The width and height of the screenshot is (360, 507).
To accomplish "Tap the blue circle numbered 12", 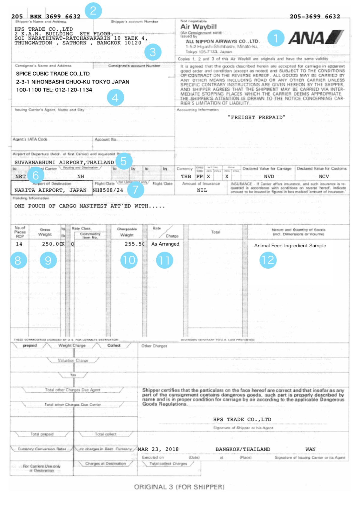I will click(268, 260).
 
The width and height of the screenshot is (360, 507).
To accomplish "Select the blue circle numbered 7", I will click(136, 190).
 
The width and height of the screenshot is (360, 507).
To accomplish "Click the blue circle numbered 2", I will click(93, 11).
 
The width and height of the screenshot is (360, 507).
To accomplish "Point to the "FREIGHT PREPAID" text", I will click(256, 117).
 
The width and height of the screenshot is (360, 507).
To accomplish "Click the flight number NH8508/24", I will click(108, 190).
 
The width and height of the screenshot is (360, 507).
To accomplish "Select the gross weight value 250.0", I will click(52, 244).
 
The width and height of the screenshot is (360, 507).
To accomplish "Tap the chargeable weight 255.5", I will click(134, 244).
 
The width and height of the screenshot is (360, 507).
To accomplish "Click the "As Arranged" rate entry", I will click(165, 244).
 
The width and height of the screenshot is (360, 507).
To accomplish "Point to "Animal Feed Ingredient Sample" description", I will click(290, 246).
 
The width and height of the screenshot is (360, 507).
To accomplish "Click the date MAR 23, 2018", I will click(158, 449).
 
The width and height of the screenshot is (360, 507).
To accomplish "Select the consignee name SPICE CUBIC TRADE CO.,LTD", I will click(53, 74).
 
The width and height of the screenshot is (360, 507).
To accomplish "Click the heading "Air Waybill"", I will click(198, 27).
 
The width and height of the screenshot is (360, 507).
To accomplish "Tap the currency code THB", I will click(186, 177).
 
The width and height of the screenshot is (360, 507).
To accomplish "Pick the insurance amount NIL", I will click(202, 190).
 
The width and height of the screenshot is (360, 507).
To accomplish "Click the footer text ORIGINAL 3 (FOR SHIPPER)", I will click(179, 487).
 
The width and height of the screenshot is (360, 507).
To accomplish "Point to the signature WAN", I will click(310, 449).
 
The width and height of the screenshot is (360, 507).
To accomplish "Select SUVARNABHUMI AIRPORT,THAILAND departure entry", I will click(64, 162).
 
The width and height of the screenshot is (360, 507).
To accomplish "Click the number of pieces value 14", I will click(19, 244).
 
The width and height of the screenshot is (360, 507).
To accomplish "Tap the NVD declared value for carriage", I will click(269, 177).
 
